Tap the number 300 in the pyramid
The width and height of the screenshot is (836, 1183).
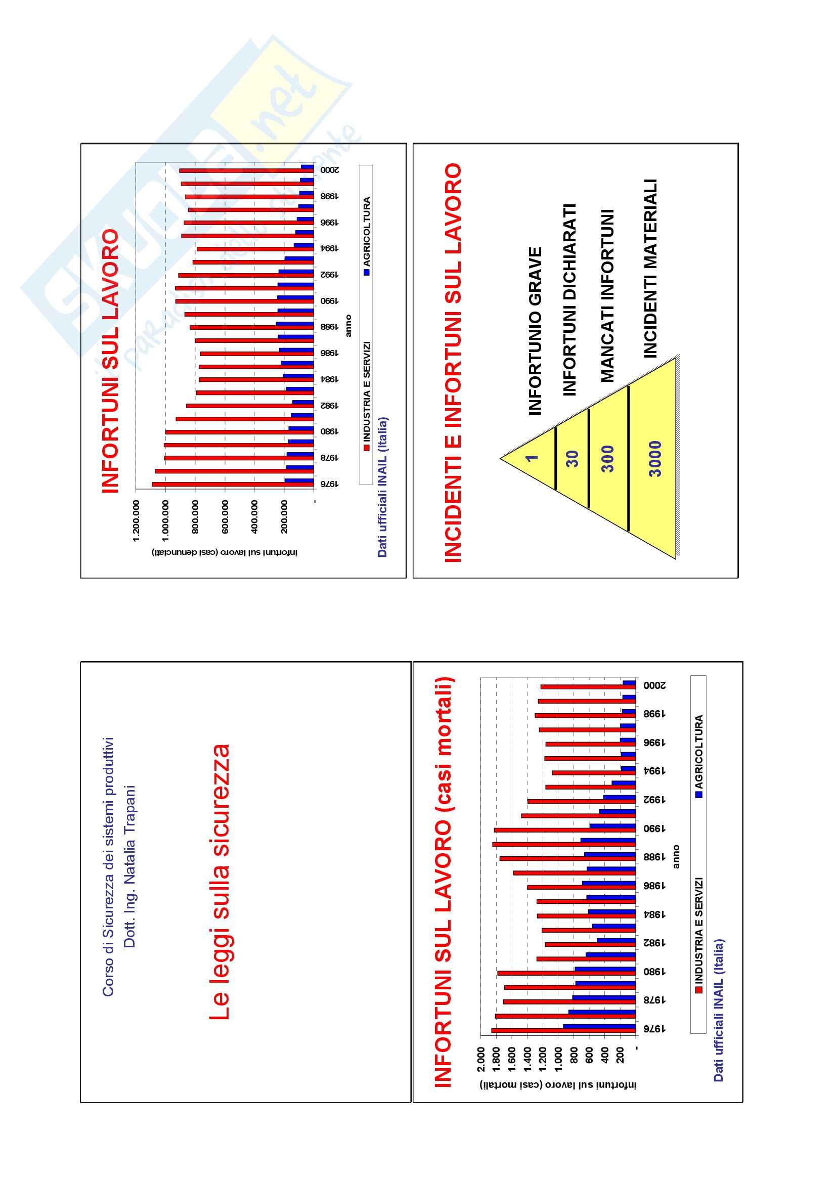tap(608, 459)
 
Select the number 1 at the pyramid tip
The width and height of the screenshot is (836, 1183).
tap(532, 457)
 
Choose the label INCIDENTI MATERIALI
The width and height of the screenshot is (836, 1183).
tap(651, 268)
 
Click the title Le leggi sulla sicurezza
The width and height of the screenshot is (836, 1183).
tap(221, 882)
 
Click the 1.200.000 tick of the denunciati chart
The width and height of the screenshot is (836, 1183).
tap(137, 520)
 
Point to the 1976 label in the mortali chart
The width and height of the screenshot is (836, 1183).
tap(654, 1028)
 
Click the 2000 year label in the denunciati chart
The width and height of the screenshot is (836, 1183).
tap(330, 169)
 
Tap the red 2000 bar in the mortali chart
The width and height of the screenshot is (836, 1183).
tap(588, 687)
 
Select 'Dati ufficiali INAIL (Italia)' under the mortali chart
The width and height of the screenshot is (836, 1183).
tap(719, 1010)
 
